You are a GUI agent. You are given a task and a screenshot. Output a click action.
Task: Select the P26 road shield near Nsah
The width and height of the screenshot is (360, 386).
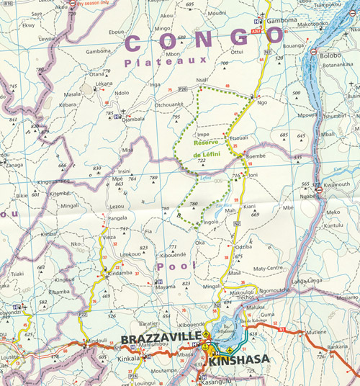click(183, 89)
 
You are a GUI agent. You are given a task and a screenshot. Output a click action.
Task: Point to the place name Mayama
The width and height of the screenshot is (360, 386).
click(166, 287)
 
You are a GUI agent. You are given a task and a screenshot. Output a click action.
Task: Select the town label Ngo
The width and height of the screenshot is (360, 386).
click(262, 102)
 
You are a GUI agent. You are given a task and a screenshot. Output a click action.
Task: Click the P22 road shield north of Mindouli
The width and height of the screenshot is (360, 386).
click(83, 315)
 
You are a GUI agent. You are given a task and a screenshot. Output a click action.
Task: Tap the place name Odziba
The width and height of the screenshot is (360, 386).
click(243, 248)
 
